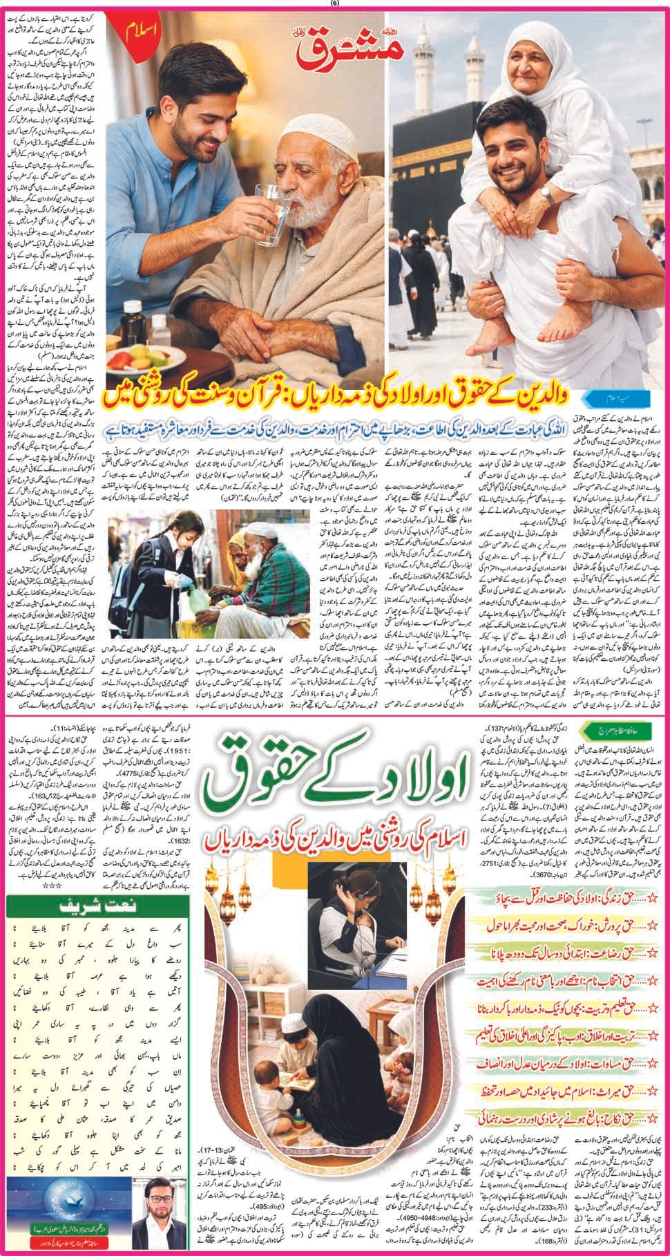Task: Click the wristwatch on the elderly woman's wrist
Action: coord(545,191)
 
